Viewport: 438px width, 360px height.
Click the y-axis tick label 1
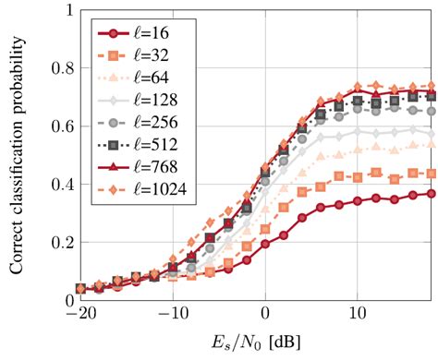tap(66, 10)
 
